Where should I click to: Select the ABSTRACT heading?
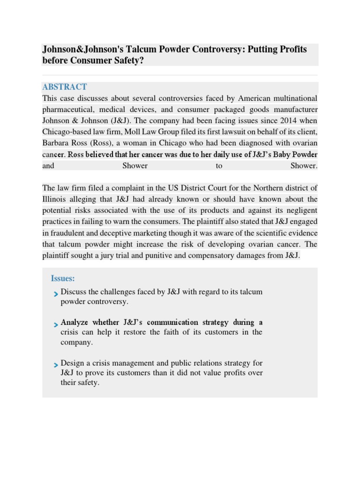pos(64,87)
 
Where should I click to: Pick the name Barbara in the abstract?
pos(56,143)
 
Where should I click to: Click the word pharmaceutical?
pos(67,110)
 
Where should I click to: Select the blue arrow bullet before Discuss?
pos(56,293)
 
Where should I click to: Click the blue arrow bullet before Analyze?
pos(56,324)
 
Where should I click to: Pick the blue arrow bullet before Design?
pos(56,364)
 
